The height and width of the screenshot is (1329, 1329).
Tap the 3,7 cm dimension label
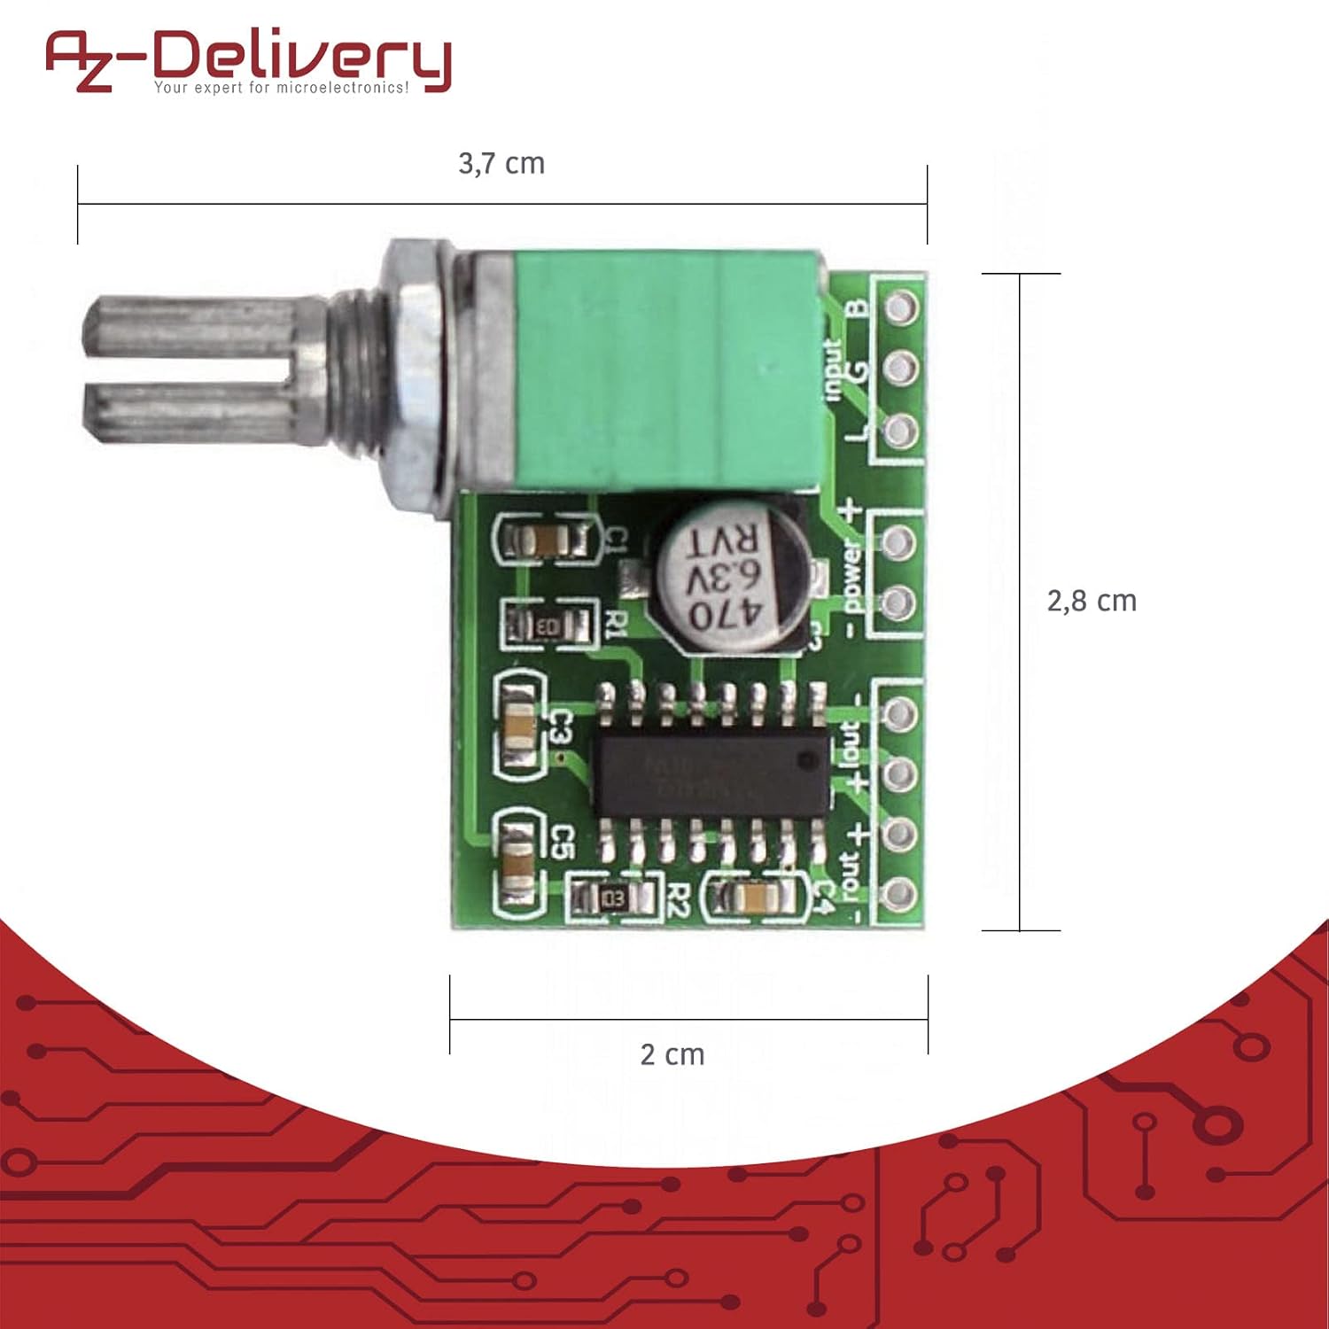click(x=501, y=164)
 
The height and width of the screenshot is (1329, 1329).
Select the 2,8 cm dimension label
click(x=1091, y=601)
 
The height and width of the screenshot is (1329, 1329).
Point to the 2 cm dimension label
click(x=672, y=1054)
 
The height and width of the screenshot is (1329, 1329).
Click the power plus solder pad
click(x=899, y=541)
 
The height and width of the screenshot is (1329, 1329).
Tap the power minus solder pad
click(x=899, y=602)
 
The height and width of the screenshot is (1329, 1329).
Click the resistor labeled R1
click(x=548, y=626)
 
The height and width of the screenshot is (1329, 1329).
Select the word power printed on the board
click(x=851, y=576)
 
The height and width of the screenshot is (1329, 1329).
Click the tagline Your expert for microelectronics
click(x=282, y=88)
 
